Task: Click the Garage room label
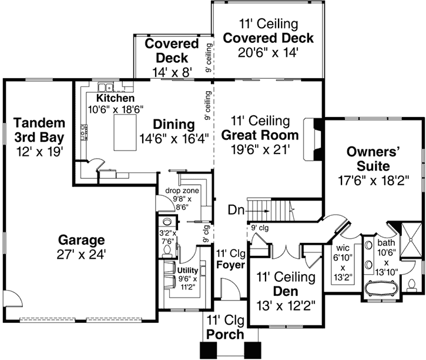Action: click(x=82, y=240)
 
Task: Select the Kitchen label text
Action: click(x=116, y=98)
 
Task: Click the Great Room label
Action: click(x=260, y=135)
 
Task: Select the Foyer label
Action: click(x=228, y=265)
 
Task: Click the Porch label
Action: click(x=224, y=335)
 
